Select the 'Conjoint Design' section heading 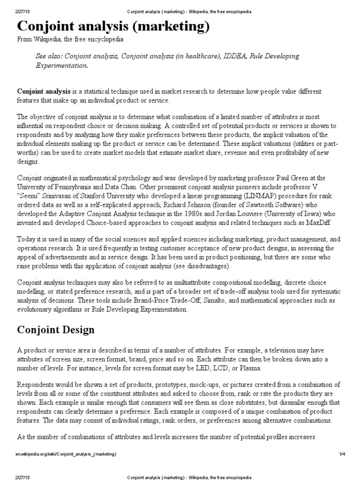pyautogui.click(x=56, y=330)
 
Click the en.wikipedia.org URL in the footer pyautogui.click(x=67, y=454)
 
